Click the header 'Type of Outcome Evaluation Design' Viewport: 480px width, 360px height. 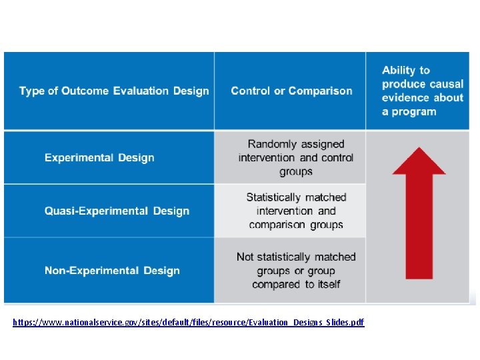point(114,91)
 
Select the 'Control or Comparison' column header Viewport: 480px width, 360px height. point(291,91)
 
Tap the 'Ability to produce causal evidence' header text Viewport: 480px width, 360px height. point(422,91)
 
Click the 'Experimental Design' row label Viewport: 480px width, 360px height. point(99,158)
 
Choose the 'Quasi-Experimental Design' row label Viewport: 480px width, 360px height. point(117,211)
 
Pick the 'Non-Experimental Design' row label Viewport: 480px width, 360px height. point(112,271)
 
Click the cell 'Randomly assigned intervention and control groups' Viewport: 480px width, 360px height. point(296,158)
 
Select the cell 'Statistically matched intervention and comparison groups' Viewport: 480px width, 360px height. point(296,211)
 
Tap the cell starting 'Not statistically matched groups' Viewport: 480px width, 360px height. point(296,271)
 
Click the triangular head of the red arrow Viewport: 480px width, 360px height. point(419,163)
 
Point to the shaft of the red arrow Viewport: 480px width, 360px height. point(419,227)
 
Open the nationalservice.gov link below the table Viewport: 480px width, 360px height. point(189,323)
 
